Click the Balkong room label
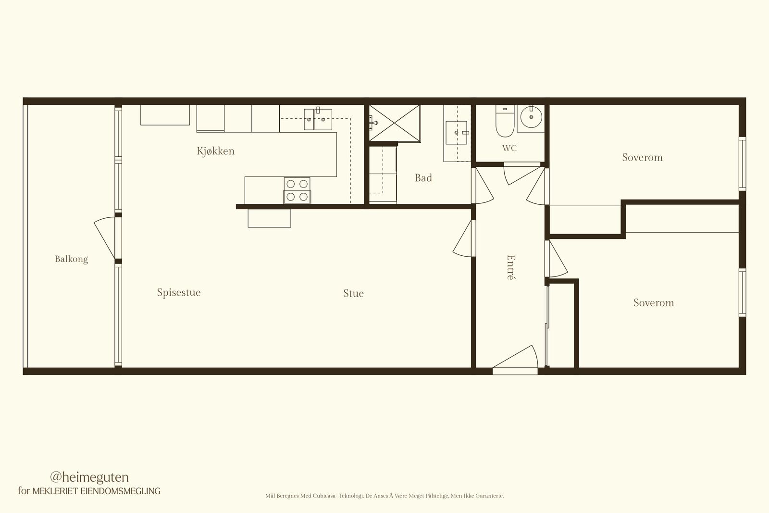tap(72, 259)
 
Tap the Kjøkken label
tap(216, 151)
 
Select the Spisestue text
tap(179, 292)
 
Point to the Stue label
tap(353, 293)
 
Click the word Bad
tap(423, 178)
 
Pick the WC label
tap(509, 149)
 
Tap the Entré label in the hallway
tap(511, 267)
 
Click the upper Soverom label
tap(642, 157)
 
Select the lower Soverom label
tap(654, 302)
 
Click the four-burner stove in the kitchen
tap(298, 190)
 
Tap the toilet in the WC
tap(505, 121)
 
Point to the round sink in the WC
tap(531, 117)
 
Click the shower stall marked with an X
tap(395, 123)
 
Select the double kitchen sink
tap(318, 119)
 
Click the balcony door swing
tap(105, 238)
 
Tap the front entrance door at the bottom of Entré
tap(515, 360)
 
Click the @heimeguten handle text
tap(89, 477)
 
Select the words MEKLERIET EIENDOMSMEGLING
tap(97, 491)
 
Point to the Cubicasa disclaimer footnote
tap(384, 496)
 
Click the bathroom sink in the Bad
tap(457, 133)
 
